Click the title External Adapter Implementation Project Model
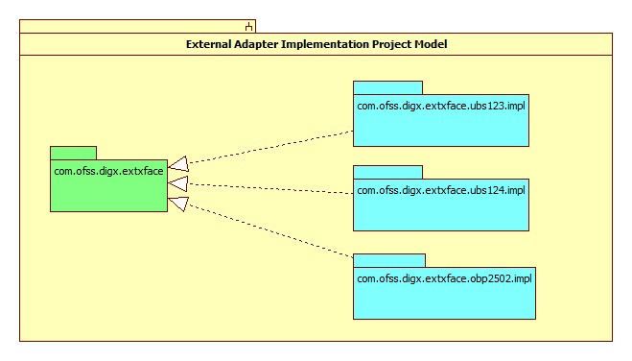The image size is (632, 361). coord(316,45)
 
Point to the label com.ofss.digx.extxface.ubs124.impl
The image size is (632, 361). coord(440,190)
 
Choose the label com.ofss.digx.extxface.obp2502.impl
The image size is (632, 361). coord(444,278)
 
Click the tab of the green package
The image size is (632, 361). coord(73,153)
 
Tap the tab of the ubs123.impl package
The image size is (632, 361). coord(387,87)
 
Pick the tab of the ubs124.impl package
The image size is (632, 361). coord(387,172)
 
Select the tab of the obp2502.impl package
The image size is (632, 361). coord(389,260)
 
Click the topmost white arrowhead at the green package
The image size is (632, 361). coord(177,166)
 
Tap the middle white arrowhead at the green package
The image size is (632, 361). coord(177,182)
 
